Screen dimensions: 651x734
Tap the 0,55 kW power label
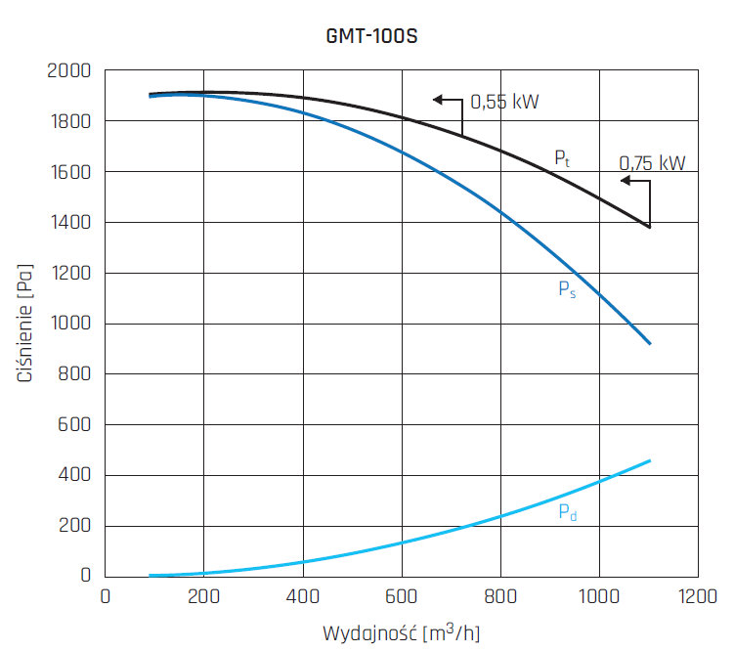click(505, 101)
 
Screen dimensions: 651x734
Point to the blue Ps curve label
click(567, 289)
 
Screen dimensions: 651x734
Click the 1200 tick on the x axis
click(697, 595)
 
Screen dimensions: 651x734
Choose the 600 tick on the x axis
click(402, 595)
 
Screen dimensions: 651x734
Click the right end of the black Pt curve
click(649, 227)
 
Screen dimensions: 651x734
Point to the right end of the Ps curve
click(649, 343)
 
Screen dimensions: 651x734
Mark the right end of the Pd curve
click(649, 460)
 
